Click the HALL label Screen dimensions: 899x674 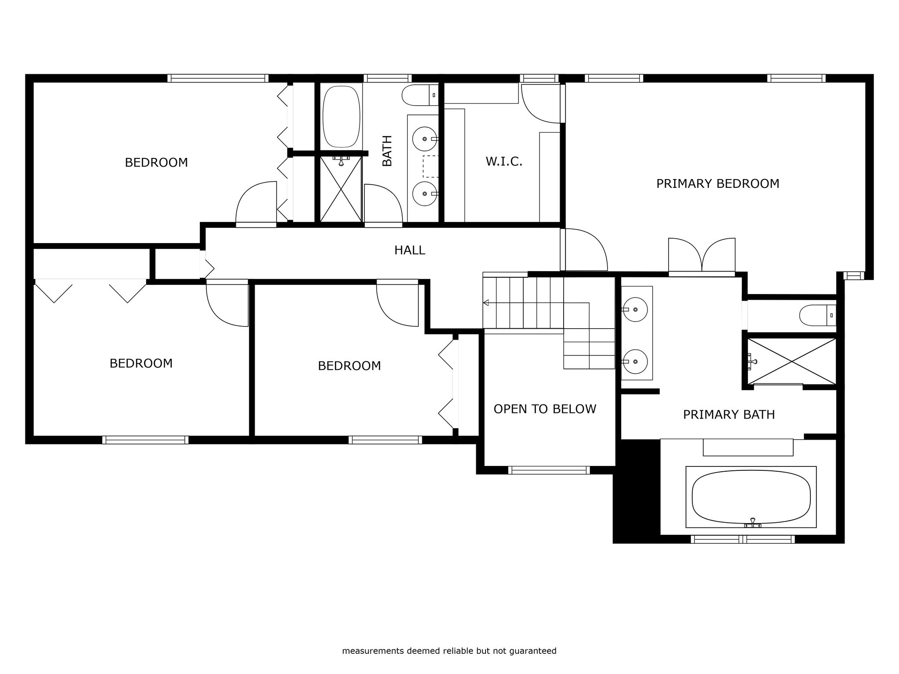click(x=410, y=250)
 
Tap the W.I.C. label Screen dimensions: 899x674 click(x=504, y=161)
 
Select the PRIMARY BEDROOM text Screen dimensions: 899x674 click(x=718, y=183)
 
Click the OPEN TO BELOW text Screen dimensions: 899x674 click(x=545, y=409)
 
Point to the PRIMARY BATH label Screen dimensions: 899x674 click(x=729, y=415)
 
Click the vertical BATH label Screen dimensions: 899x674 click(x=387, y=151)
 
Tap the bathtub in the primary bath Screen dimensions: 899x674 click(x=751, y=497)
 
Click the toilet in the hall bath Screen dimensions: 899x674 click(x=420, y=95)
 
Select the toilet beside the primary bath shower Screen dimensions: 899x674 click(x=818, y=315)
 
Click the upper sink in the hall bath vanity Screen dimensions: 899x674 click(x=424, y=139)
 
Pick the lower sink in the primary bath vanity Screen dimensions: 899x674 click(x=635, y=362)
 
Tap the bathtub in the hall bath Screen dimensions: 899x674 click(x=342, y=117)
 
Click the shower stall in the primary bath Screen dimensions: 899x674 click(x=792, y=362)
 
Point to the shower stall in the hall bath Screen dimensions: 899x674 click(x=341, y=189)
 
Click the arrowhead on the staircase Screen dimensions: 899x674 click(x=485, y=303)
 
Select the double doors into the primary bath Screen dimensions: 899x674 click(x=701, y=256)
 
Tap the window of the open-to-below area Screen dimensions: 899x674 click(x=549, y=470)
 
